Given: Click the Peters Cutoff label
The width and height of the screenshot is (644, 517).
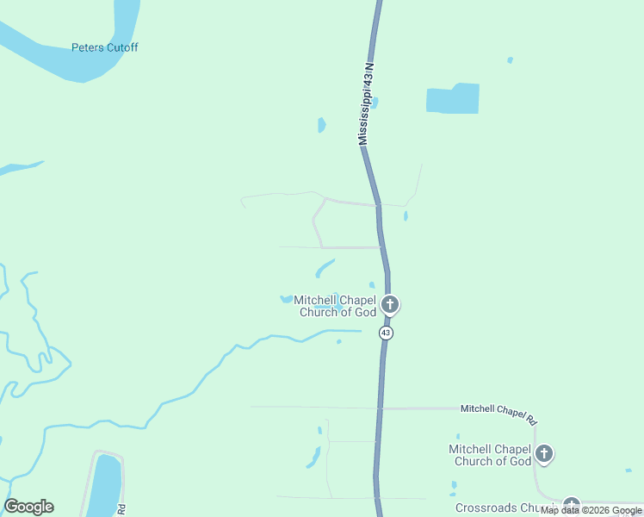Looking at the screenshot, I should (x=104, y=48).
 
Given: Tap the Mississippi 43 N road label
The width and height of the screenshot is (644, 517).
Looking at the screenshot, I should (x=367, y=103).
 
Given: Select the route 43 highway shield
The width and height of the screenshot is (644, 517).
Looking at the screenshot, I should (x=387, y=333).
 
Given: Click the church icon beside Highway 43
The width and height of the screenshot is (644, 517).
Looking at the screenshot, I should (x=390, y=304).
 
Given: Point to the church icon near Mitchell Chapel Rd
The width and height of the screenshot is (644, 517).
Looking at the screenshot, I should (x=543, y=453).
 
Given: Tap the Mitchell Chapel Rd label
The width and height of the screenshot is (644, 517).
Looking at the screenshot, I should (x=498, y=413).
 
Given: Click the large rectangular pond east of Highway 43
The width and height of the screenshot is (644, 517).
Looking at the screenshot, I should (x=453, y=99).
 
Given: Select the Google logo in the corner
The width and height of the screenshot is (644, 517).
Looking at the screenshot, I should (x=29, y=507).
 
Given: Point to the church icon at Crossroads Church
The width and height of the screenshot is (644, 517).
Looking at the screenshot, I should (x=571, y=505).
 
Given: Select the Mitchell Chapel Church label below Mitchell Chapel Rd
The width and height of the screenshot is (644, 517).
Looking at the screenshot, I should (x=490, y=455).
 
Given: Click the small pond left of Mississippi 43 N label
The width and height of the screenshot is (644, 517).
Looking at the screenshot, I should (x=321, y=125).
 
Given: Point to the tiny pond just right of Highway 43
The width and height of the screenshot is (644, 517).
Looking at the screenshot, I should (x=406, y=215).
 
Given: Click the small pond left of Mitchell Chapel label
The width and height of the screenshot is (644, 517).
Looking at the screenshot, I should (x=285, y=300).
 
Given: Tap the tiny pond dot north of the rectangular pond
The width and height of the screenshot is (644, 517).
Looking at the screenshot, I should (x=510, y=60).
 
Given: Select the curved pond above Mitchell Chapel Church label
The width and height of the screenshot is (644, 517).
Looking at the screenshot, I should (x=325, y=268).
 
